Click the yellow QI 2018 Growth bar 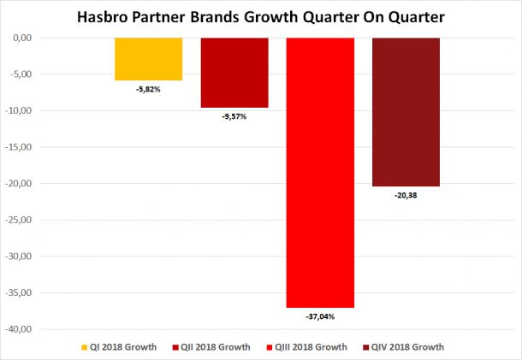[148, 59]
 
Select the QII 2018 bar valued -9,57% [234, 73]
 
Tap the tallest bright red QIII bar [319, 171]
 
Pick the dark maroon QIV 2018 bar [406, 112]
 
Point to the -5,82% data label [148, 89]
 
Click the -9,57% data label [234, 116]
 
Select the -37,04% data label [319, 316]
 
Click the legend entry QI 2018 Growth [123, 347]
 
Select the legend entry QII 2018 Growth [215, 347]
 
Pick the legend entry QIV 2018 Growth [405, 347]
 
